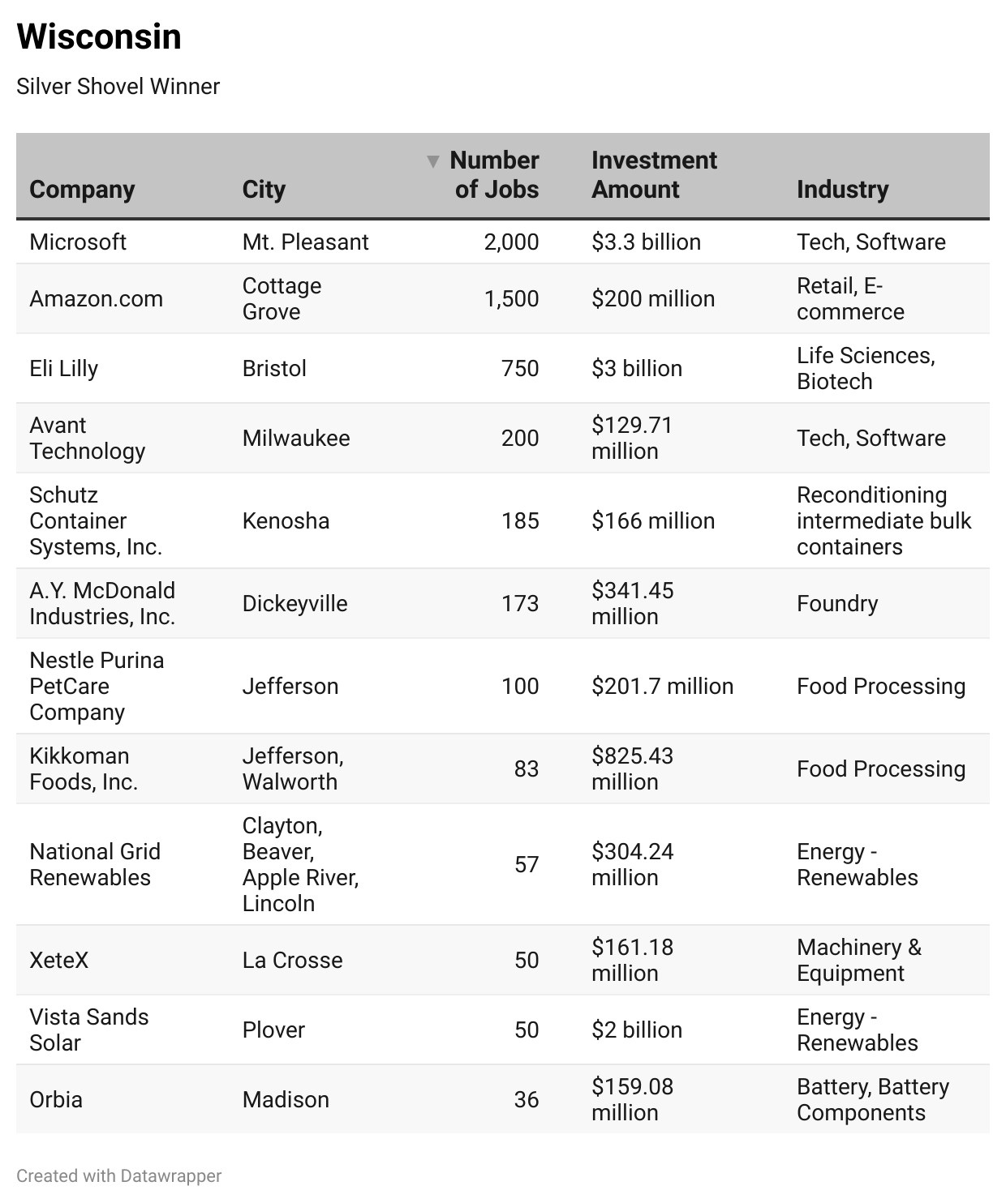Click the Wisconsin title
tap(99, 37)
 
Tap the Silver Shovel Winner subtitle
tap(118, 87)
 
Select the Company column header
tap(82, 189)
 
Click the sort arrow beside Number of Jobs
tap(433, 161)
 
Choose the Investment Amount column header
tap(654, 174)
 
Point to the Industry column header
tap(842, 189)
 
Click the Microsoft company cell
tap(78, 242)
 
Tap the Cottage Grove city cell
tap(282, 298)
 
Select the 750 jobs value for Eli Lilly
tap(520, 368)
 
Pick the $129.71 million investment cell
tap(632, 438)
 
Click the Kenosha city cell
tap(286, 520)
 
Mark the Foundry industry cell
tap(837, 603)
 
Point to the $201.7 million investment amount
tap(662, 686)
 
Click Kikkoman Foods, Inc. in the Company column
tap(84, 768)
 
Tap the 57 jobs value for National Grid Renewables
tap(527, 864)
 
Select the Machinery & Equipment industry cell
tap(858, 960)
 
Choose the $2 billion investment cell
tap(637, 1030)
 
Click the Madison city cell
tap(286, 1099)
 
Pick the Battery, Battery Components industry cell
tap(872, 1099)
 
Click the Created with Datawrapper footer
tap(118, 1175)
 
